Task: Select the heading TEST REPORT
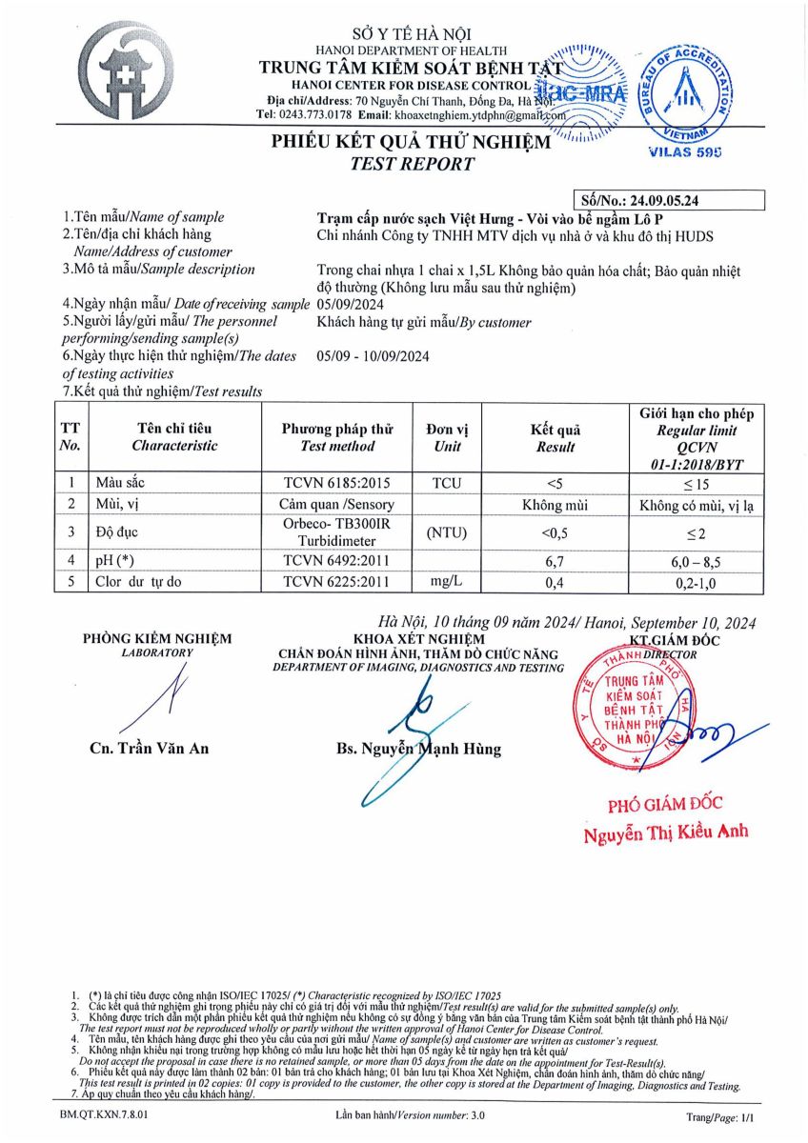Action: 412,164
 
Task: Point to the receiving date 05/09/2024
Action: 348,304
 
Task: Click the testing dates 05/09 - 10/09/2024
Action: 373,356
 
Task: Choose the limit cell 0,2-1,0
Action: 696,581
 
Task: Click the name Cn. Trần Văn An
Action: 149,749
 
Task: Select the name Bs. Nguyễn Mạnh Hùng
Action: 418,750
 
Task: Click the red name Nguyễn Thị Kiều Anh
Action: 666,832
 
